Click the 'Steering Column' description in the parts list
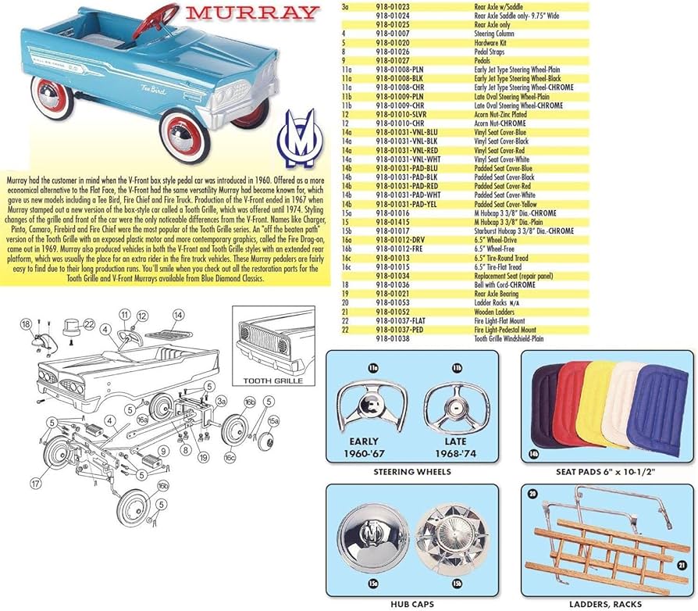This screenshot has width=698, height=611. [498, 34]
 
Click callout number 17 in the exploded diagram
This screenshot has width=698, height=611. [34, 484]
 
